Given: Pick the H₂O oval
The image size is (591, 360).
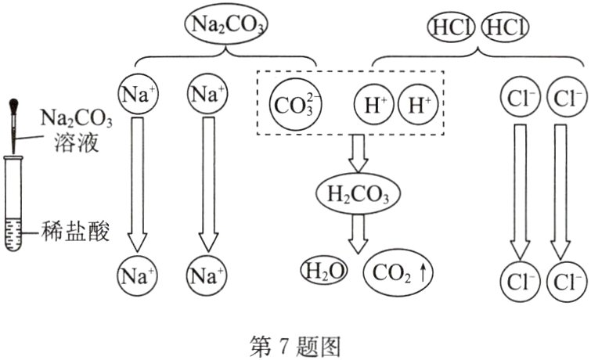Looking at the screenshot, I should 323,271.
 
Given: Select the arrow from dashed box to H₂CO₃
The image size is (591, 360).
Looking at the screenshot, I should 359,153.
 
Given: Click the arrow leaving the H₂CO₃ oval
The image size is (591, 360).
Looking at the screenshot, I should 359,232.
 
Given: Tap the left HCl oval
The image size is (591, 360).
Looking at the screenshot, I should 450,27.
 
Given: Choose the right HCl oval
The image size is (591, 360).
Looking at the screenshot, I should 505,27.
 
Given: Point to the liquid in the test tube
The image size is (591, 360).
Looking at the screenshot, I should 14,235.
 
